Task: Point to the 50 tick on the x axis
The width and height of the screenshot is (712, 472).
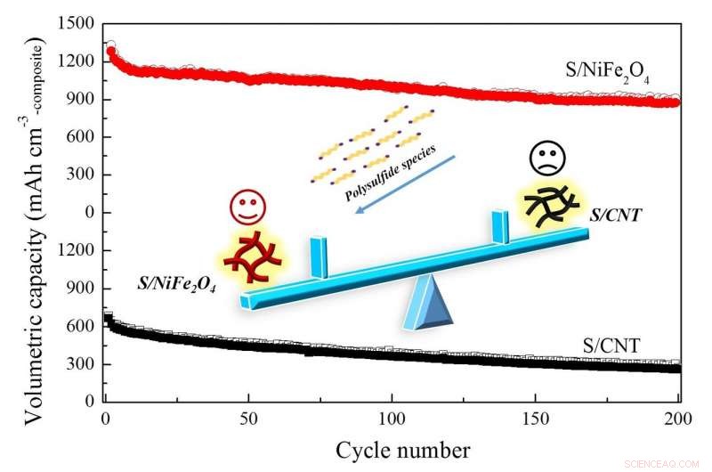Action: [x=249, y=418]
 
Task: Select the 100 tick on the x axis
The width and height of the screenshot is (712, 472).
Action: [x=392, y=418]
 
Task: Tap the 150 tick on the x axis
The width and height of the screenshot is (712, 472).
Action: [x=536, y=418]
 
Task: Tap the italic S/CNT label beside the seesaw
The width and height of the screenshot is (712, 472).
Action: [x=617, y=215]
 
